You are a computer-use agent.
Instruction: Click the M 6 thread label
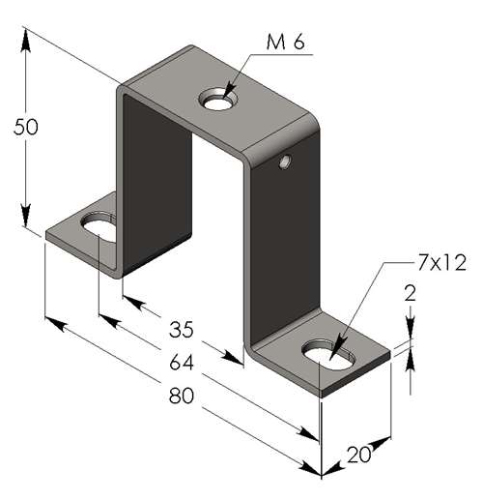tap(285, 43)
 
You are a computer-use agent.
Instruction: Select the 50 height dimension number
tap(26, 127)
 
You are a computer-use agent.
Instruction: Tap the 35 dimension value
tap(182, 330)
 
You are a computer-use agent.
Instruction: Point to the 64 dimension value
tap(182, 362)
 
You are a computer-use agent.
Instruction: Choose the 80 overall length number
tap(182, 396)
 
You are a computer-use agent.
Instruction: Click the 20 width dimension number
tap(358, 455)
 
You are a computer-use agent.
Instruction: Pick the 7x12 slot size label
tap(441, 263)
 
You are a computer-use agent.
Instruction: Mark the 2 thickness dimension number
tap(411, 293)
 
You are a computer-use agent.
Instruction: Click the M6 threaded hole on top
tap(218, 99)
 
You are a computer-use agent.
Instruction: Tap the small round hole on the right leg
tap(285, 162)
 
